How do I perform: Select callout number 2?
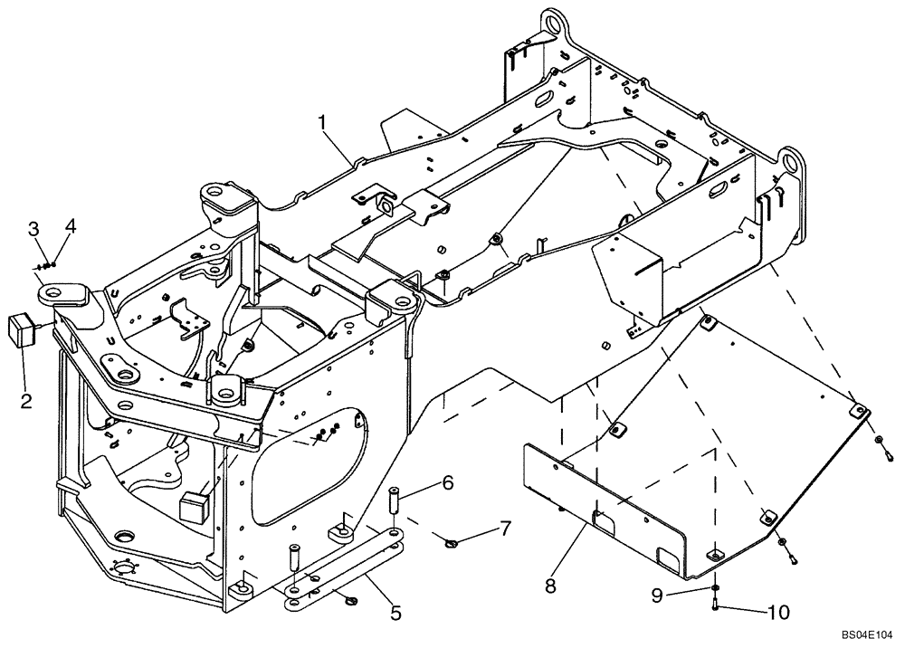click(27, 400)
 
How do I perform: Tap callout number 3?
click(33, 228)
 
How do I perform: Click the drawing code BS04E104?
click(865, 636)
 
